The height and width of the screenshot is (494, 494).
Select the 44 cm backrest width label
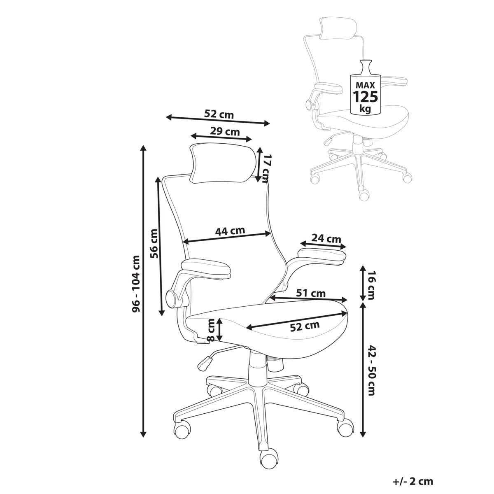click(x=230, y=231)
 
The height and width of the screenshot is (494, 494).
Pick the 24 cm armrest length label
click(x=326, y=238)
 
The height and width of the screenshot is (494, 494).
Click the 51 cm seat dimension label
click(x=311, y=293)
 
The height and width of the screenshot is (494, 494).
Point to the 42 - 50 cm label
click(x=371, y=370)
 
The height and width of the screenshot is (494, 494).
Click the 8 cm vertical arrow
click(x=220, y=329)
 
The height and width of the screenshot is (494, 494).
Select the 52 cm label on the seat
click(x=305, y=326)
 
